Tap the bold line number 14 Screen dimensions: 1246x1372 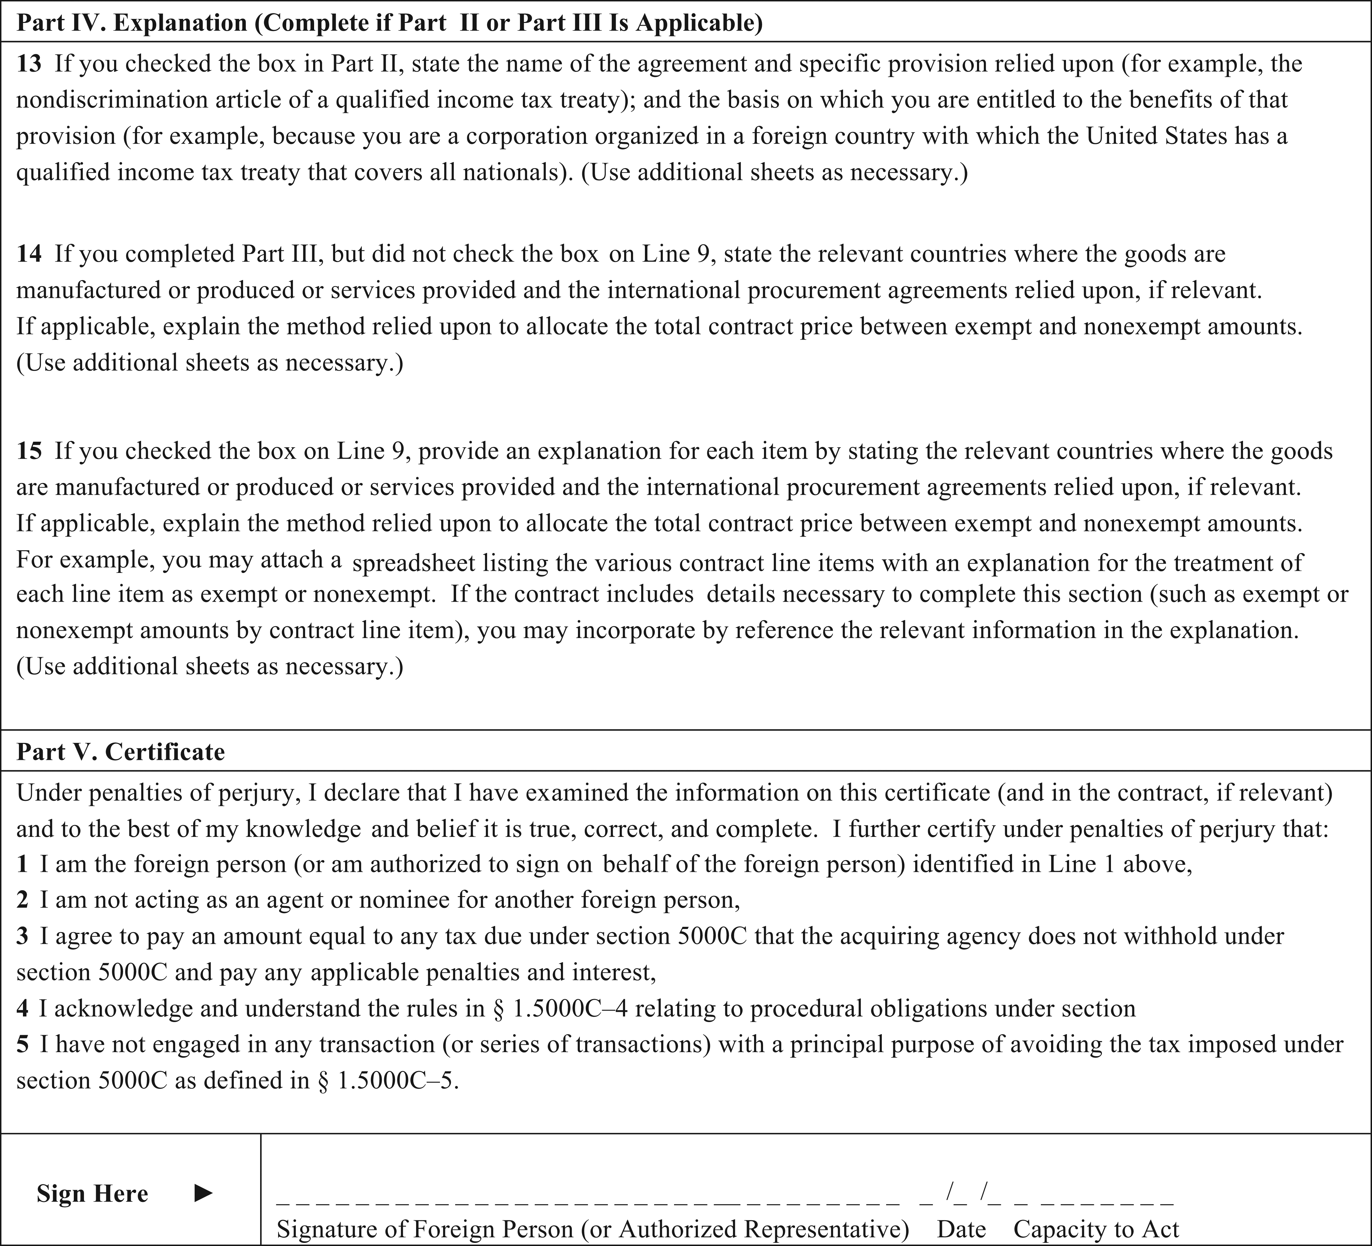pyautogui.click(x=29, y=254)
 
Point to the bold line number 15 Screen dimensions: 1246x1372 pyautogui.click(x=29, y=451)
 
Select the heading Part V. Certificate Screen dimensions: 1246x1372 pyautogui.click(x=121, y=752)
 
